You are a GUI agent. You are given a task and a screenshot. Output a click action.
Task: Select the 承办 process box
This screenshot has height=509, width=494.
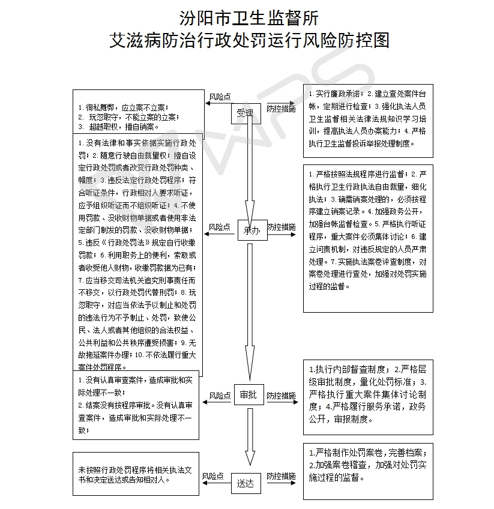252,230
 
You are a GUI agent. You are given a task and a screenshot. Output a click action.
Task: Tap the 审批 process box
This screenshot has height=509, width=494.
248,395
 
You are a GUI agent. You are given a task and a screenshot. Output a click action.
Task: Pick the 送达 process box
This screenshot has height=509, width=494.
245,482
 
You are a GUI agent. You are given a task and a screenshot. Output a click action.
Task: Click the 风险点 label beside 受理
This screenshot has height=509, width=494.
220,97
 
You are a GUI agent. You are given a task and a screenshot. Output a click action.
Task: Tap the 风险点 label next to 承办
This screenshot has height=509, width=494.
220,227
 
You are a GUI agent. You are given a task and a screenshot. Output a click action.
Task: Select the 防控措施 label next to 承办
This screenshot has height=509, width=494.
281,227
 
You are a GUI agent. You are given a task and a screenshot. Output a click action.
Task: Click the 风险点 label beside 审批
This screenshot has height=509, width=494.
220,396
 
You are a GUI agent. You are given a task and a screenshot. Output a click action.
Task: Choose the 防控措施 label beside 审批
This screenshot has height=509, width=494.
281,396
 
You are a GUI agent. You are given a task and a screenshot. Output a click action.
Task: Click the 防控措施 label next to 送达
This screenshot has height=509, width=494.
281,476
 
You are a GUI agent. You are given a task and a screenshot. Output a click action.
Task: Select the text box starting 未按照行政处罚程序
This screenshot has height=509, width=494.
136,474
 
